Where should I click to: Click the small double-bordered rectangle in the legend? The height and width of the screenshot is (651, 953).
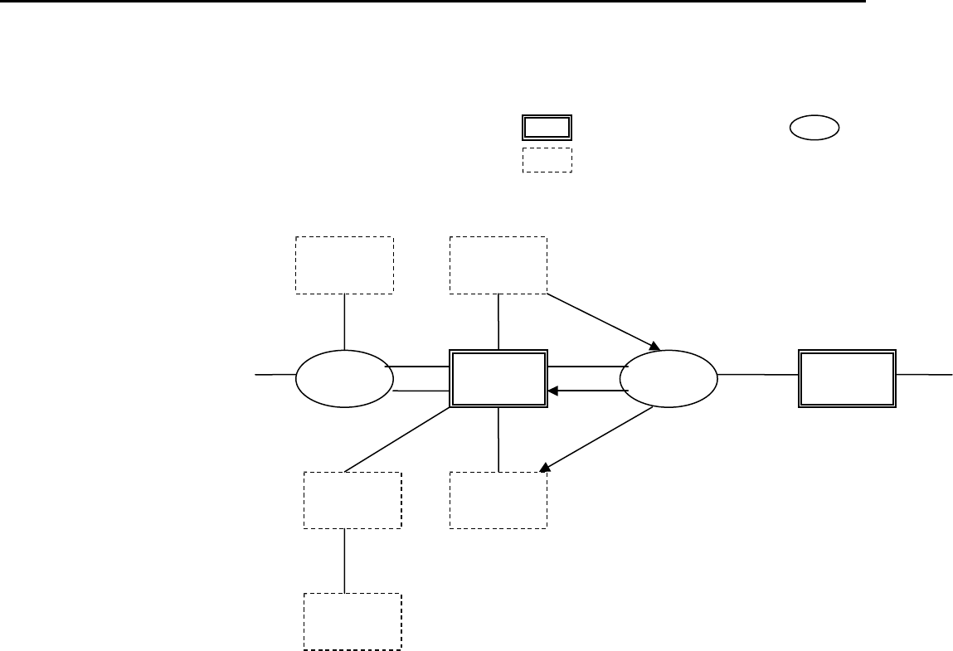(x=547, y=127)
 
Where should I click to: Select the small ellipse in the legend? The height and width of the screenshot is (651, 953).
(x=812, y=128)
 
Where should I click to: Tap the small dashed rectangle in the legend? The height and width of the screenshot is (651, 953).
(x=547, y=160)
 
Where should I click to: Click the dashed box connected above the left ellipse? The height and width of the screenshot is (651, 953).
(x=344, y=265)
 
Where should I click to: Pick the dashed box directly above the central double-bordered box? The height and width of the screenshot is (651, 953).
(x=498, y=265)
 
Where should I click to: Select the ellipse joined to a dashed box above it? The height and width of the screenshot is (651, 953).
(x=344, y=377)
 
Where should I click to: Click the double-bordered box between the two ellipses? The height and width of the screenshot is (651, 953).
(x=498, y=377)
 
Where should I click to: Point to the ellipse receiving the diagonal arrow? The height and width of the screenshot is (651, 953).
(x=669, y=377)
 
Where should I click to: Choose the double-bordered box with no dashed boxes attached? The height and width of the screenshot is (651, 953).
(x=847, y=377)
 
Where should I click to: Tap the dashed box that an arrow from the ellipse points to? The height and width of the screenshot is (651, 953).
(x=498, y=500)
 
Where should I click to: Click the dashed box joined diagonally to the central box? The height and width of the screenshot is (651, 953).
(x=353, y=500)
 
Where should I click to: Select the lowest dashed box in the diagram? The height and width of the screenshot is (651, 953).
(x=353, y=621)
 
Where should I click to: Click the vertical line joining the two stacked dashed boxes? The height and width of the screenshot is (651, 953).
(x=344, y=561)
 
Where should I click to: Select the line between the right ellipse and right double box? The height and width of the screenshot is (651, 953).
(x=758, y=375)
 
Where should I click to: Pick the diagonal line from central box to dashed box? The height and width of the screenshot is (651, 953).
(x=398, y=440)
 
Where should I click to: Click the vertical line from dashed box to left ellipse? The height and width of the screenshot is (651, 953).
(x=344, y=322)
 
